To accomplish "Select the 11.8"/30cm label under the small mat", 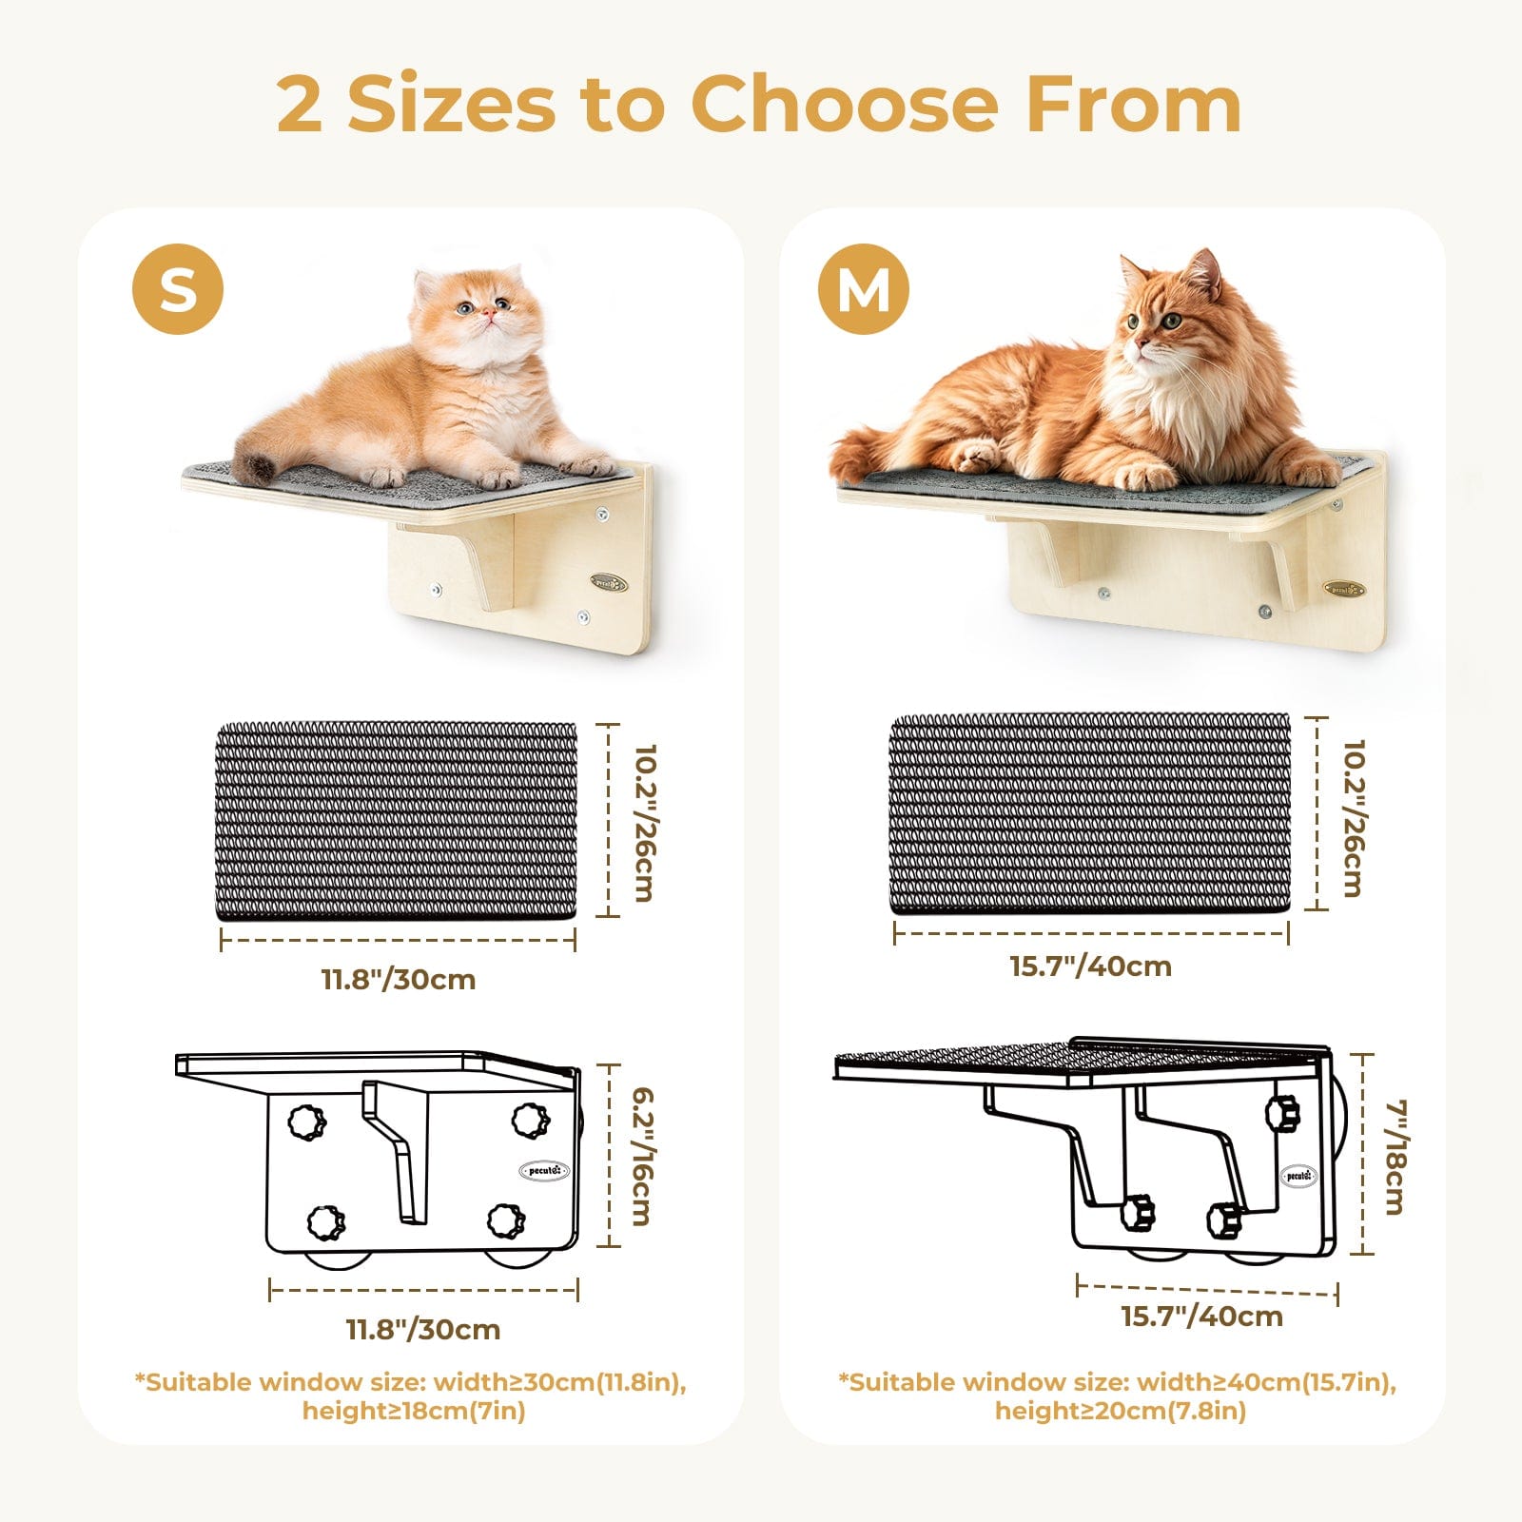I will pyautogui.click(x=399, y=979).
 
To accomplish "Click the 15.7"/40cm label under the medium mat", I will pyautogui.click(x=1090, y=966).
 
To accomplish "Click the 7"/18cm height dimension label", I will pyautogui.click(x=1395, y=1157).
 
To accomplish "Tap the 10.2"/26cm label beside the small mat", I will pyautogui.click(x=643, y=822).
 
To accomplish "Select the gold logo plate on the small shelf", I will pyautogui.click(x=608, y=582).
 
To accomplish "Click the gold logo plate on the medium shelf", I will pyautogui.click(x=1344, y=590).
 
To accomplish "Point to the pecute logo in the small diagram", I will pyautogui.click(x=544, y=1170).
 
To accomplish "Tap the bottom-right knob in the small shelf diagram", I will pyautogui.click(x=505, y=1220).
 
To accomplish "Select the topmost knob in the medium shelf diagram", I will pyautogui.click(x=1282, y=1111).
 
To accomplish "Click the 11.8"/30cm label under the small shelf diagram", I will pyautogui.click(x=423, y=1329).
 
